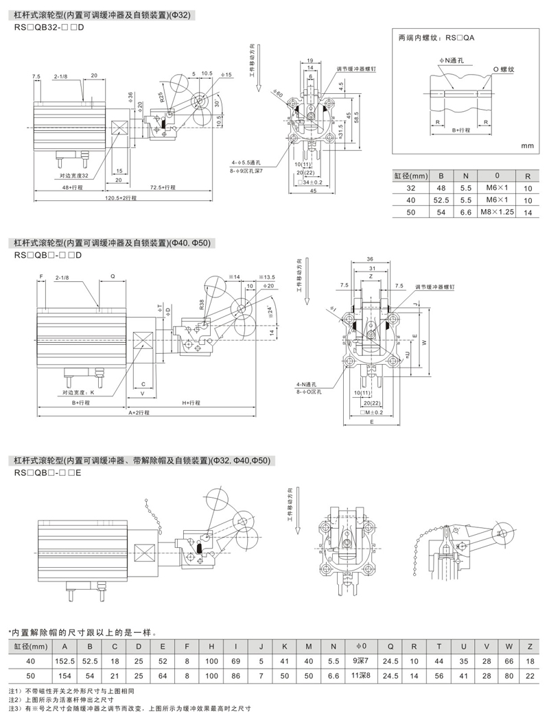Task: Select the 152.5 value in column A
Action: click(x=64, y=660)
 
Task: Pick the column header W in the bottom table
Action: click(x=509, y=646)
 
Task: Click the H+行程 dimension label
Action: click(x=196, y=403)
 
